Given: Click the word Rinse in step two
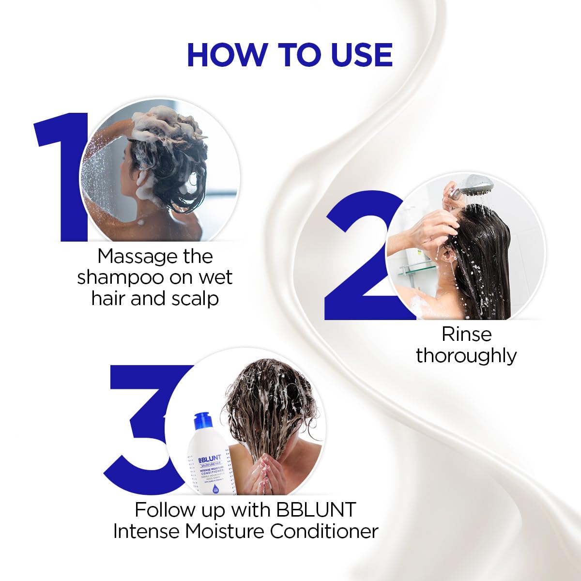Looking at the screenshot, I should point(466,334).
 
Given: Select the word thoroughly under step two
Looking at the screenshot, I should point(466,355).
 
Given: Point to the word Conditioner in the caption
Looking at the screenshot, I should point(324,531).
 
